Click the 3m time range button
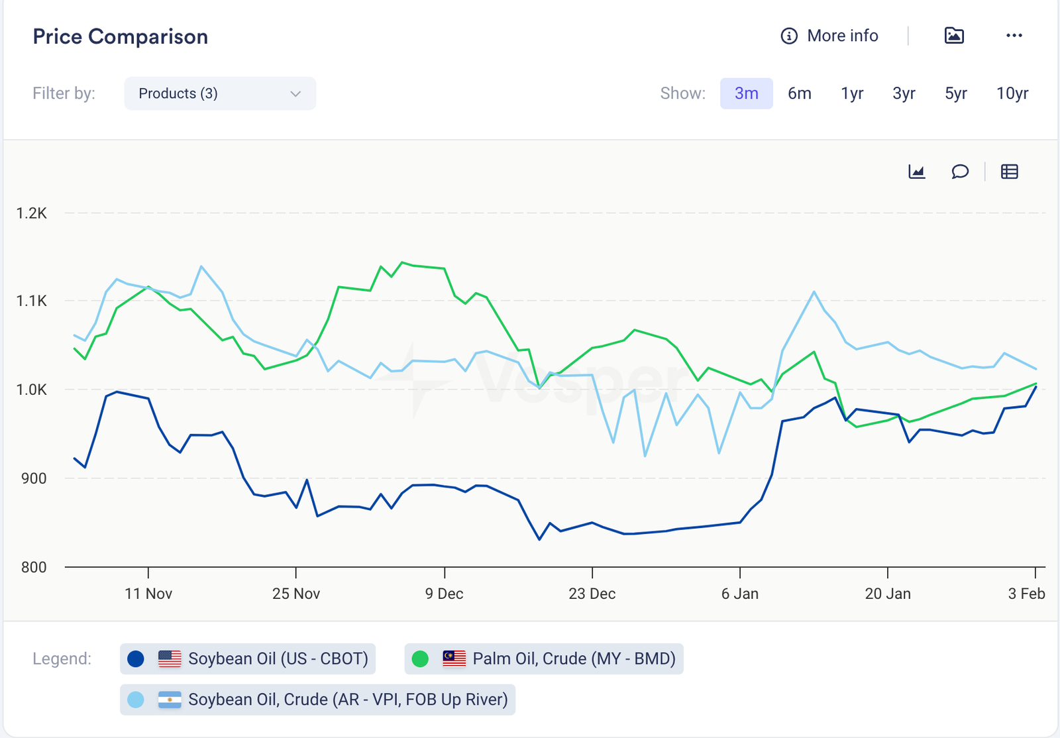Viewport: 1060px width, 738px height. click(x=746, y=93)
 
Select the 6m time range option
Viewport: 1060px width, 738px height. click(x=799, y=93)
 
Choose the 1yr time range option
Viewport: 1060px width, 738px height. click(x=852, y=93)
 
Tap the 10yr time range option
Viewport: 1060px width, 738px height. click(x=1012, y=93)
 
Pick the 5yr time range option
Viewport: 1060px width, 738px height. click(x=955, y=93)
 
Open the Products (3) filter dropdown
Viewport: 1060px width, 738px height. click(x=219, y=93)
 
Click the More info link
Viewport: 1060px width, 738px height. click(x=829, y=36)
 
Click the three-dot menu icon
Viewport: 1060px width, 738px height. click(x=1014, y=36)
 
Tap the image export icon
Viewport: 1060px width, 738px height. click(x=954, y=36)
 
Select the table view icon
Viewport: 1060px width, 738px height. click(x=1009, y=172)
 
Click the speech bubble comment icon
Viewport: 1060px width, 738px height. click(x=960, y=172)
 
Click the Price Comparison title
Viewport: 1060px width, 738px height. click(x=121, y=36)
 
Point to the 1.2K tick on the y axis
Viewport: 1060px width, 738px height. click(x=32, y=213)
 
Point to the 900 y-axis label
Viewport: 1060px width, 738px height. click(x=34, y=478)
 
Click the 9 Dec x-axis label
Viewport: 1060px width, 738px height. click(x=444, y=594)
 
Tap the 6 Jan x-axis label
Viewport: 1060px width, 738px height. click(x=740, y=594)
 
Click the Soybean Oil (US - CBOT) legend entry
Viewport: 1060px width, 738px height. click(x=248, y=659)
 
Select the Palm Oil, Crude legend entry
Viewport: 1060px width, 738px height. click(x=544, y=659)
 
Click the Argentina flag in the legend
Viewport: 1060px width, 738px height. click(x=170, y=700)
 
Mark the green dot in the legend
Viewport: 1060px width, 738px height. click(x=420, y=659)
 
